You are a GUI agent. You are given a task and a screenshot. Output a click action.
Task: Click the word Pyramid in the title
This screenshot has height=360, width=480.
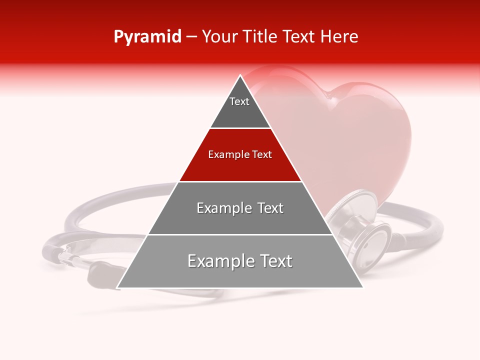(x=147, y=37)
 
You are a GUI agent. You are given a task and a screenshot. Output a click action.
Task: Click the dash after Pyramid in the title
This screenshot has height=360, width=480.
(x=191, y=37)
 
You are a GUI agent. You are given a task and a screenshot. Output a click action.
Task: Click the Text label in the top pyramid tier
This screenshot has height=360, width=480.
(x=239, y=101)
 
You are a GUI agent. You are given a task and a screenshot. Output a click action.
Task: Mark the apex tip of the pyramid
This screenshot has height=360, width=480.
(x=240, y=75)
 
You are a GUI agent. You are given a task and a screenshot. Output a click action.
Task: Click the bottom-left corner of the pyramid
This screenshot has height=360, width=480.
(x=117, y=287)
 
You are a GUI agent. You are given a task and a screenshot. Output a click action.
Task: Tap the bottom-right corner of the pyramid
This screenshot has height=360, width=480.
(x=362, y=287)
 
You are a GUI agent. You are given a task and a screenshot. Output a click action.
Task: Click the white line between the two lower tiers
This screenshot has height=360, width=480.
(x=240, y=234)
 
